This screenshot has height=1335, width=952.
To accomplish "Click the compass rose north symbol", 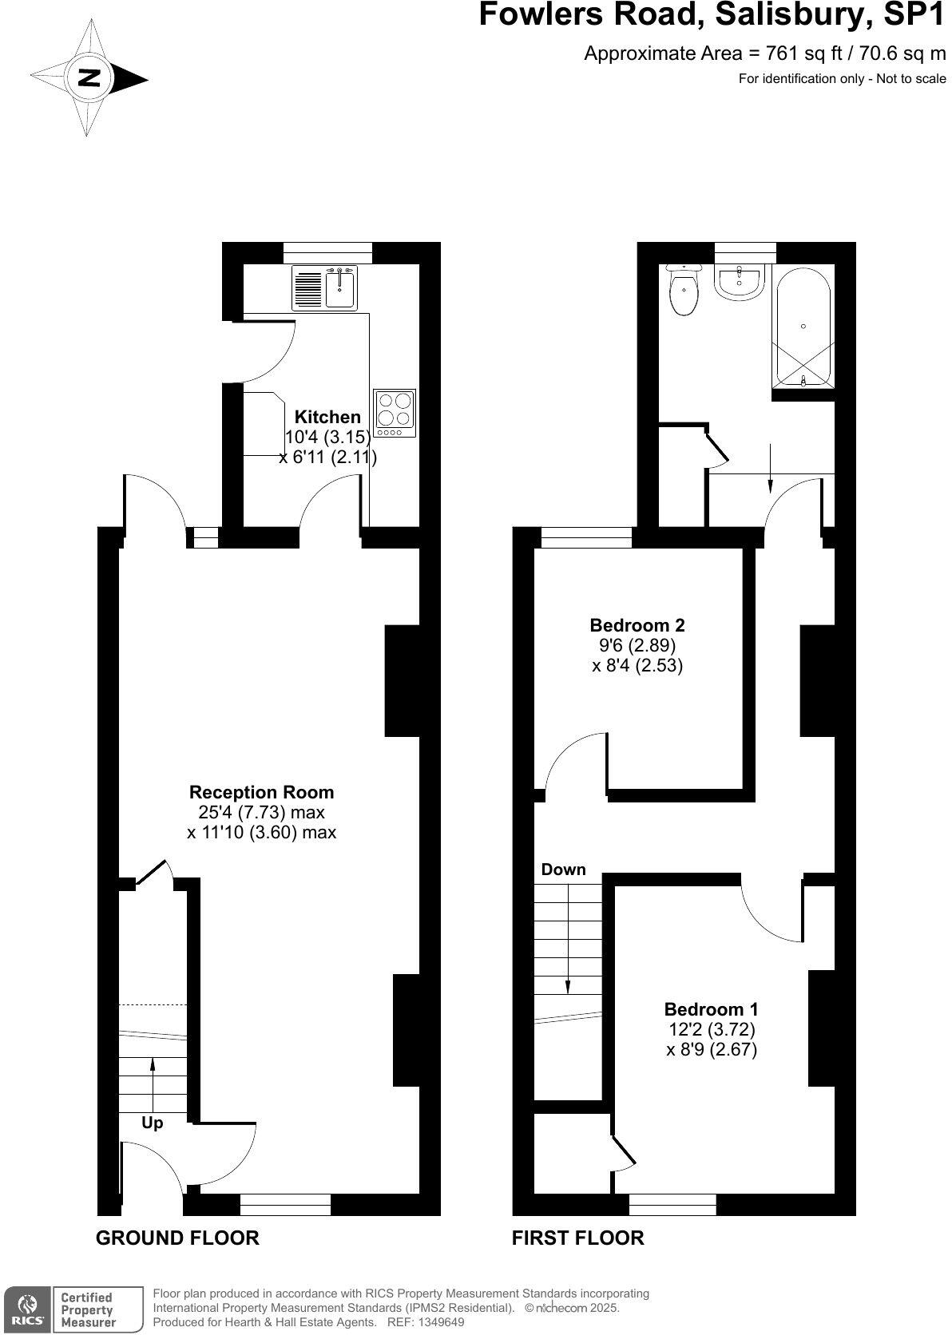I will (89, 78).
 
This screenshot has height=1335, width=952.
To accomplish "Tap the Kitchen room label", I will (327, 417).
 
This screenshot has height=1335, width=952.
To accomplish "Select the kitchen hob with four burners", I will (395, 412).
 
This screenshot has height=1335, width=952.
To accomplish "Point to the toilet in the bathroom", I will (683, 291).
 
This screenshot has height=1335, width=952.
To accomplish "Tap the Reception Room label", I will (261, 792).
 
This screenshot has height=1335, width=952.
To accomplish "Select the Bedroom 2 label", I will (637, 625).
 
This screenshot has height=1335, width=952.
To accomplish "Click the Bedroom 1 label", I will (711, 1008).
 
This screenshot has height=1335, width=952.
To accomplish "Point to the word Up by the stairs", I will (152, 1123).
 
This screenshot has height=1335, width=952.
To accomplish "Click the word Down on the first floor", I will (563, 870).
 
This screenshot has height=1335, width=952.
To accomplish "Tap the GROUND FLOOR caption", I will (177, 1238).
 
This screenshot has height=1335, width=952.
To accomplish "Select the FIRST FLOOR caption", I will (577, 1238).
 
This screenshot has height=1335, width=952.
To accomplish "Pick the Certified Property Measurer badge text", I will (88, 1309).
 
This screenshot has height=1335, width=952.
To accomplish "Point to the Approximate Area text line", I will (764, 53).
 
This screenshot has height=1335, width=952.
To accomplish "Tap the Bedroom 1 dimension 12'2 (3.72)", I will (711, 1029).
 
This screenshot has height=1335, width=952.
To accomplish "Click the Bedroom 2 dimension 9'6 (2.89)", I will (637, 645).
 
